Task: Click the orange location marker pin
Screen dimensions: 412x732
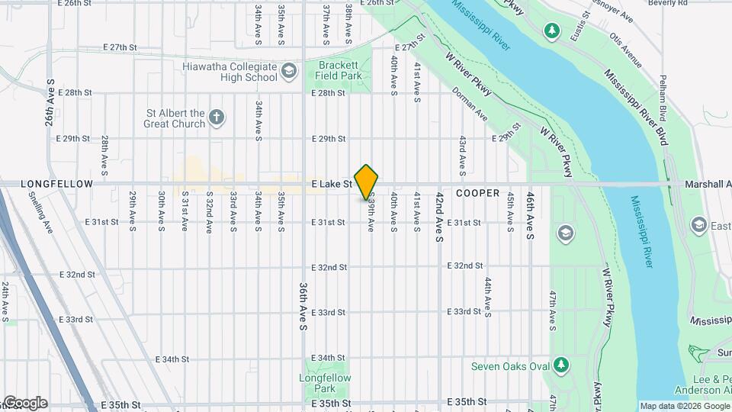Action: pyautogui.click(x=367, y=182)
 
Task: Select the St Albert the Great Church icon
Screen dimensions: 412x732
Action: pyautogui.click(x=217, y=117)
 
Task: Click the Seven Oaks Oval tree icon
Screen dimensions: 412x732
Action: pyautogui.click(x=561, y=365)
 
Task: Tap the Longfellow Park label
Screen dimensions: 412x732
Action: pyautogui.click(x=326, y=383)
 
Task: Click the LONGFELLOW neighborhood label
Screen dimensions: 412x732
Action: pyautogui.click(x=56, y=184)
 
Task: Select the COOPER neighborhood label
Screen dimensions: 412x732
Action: pyautogui.click(x=477, y=193)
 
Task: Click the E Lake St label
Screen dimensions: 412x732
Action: pyautogui.click(x=331, y=184)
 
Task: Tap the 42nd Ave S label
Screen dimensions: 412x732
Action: pyautogui.click(x=439, y=218)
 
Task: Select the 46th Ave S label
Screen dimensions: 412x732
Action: pyautogui.click(x=529, y=218)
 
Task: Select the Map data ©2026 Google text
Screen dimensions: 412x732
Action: pyautogui.click(x=684, y=406)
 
